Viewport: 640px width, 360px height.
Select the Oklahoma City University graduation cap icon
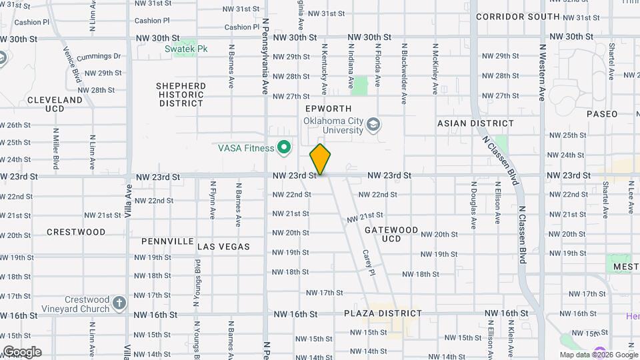pyautogui.click(x=375, y=124)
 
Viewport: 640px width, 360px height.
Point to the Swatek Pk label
pyautogui.click(x=187, y=49)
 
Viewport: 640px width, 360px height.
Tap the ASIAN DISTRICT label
pyautogui.click(x=475, y=123)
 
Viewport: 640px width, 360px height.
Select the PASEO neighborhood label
pyautogui.click(x=602, y=114)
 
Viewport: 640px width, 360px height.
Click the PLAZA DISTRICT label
pyautogui.click(x=383, y=313)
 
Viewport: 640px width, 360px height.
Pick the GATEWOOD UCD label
pyautogui.click(x=391, y=234)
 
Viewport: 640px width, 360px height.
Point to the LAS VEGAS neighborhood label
pyautogui.click(x=223, y=247)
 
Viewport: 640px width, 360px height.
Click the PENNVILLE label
pyautogui.click(x=167, y=241)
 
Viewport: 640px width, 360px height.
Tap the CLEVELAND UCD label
pyautogui.click(x=55, y=104)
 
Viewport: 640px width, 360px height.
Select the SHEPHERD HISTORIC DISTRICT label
pyautogui.click(x=181, y=95)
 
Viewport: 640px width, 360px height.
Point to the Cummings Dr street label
pyautogui.click(x=98, y=57)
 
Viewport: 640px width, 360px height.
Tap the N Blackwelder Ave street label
pyautogui.click(x=404, y=74)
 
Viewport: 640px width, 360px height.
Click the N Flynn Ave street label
pyautogui.click(x=213, y=201)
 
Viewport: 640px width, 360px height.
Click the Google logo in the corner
pyautogui.click(x=22, y=352)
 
